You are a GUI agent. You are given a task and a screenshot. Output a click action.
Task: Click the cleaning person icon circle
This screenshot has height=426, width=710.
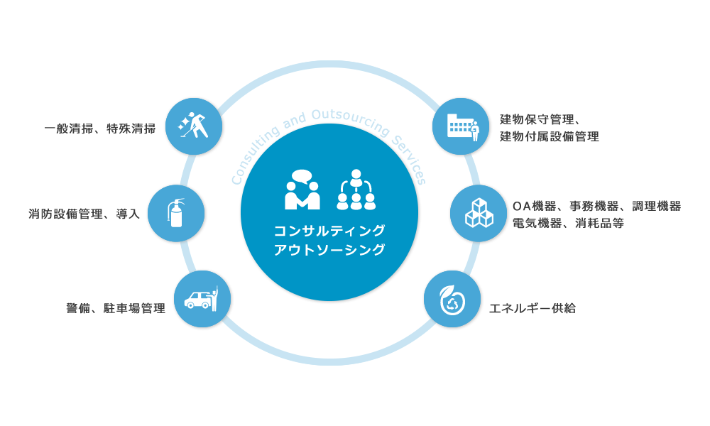194,126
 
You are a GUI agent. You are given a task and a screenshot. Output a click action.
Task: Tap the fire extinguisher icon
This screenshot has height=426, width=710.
176,214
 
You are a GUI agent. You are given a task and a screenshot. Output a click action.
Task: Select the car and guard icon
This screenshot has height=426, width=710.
202,299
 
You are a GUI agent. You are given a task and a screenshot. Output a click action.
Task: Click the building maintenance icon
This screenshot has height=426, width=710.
461,126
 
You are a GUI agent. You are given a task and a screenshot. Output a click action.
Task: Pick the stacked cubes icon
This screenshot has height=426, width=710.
479,214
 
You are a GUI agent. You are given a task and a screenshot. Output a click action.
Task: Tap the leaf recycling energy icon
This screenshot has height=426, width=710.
452,299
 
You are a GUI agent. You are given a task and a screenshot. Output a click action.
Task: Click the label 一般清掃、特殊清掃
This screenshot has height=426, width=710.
100,129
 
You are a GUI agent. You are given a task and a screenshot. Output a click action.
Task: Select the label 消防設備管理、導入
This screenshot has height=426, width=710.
84,214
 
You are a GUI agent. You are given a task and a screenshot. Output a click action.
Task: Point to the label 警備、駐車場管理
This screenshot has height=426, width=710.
116,308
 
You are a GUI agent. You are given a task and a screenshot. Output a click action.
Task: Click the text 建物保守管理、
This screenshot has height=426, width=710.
541,119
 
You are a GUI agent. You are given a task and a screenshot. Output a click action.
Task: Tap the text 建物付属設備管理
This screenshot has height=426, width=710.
550,136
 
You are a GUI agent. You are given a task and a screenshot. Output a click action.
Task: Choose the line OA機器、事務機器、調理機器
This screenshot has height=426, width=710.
596,206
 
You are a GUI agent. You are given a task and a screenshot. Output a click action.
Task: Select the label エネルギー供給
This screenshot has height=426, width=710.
532,308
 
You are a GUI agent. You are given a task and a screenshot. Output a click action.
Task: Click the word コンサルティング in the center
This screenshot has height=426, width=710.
329,231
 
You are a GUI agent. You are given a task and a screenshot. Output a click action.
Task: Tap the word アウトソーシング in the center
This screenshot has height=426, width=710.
329,249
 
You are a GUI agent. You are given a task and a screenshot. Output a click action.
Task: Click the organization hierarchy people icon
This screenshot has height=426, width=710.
356,190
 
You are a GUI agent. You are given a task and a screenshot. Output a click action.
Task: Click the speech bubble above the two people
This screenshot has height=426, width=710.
302,176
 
